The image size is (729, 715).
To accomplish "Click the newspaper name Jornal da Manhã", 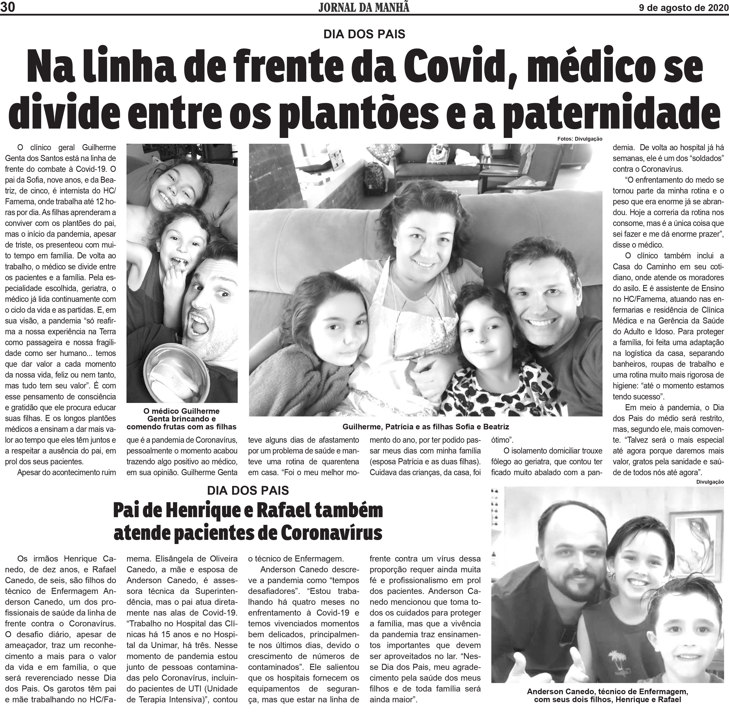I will click(363, 7).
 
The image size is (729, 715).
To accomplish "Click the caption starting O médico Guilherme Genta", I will click(182, 419).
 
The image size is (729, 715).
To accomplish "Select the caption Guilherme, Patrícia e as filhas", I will click(425, 427).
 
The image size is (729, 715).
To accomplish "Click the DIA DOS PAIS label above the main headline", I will click(364, 34).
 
